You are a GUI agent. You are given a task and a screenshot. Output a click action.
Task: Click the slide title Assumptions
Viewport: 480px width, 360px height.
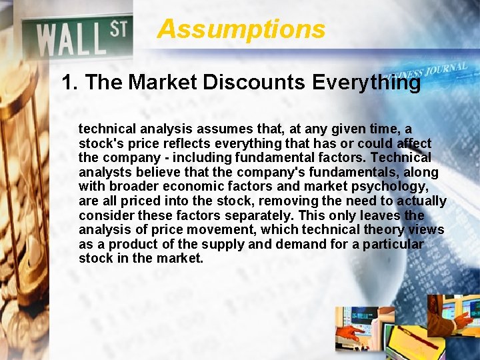tap(241, 29)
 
